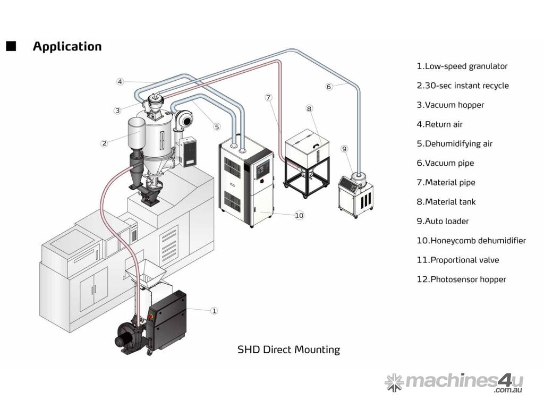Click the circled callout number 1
point(214,311)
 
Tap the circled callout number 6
point(329,87)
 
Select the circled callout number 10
point(299,215)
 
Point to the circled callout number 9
point(344,149)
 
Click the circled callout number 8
point(309,108)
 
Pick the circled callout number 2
point(104,142)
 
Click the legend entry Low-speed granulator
point(462,66)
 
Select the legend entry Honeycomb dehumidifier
point(471,241)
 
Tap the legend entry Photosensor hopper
point(461,279)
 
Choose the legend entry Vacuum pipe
point(445,163)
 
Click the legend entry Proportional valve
point(457,260)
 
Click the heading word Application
point(67,46)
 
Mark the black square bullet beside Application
point(11,46)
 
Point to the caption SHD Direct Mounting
point(288,350)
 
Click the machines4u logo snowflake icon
point(394,382)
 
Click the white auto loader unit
point(355,194)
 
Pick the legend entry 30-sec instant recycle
point(462,86)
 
